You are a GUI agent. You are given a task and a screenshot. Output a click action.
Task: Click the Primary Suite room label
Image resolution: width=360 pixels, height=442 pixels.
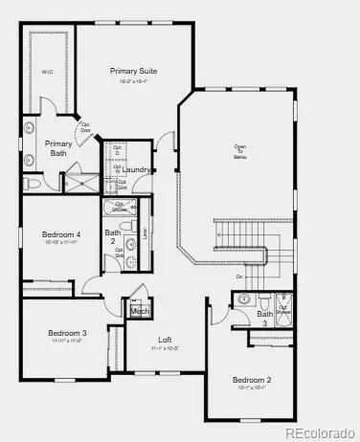[133, 71]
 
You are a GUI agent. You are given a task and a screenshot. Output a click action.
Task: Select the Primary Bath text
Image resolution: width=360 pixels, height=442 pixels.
[57, 146]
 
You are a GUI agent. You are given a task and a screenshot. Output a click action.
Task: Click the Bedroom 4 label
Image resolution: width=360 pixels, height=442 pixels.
[61, 234]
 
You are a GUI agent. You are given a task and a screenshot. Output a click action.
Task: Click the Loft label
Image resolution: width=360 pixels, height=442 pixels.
[165, 340]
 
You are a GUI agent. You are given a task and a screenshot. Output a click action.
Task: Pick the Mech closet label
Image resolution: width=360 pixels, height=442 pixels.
[140, 311]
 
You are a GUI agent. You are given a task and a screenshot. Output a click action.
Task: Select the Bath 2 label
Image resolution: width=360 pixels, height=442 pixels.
[113, 235]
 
